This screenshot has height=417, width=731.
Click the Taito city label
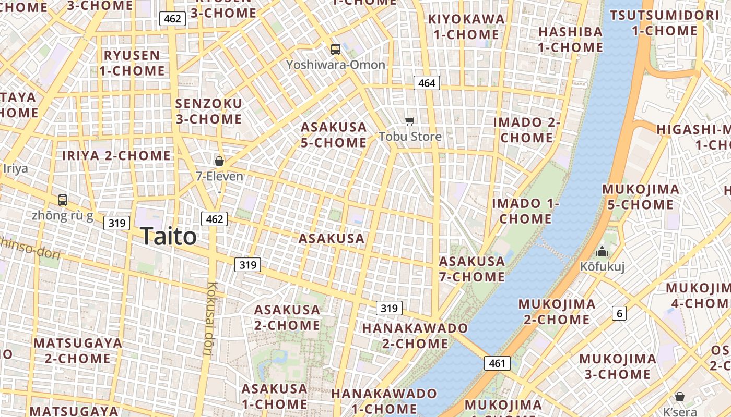tap(169, 237)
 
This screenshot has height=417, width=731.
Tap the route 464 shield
tap(427, 83)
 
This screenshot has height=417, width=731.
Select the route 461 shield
tap(497, 363)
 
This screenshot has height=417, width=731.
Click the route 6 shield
tap(619, 313)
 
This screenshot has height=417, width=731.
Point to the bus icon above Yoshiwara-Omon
tap(336, 50)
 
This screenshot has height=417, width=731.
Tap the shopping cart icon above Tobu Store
tap(410, 121)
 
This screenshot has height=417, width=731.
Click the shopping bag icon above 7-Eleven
tap(219, 161)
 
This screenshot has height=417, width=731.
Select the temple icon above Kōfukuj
tap(602, 252)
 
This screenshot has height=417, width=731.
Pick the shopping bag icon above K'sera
tap(680, 397)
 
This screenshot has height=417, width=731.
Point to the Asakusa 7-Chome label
tap(472, 269)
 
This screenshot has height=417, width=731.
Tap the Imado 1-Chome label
tap(525, 211)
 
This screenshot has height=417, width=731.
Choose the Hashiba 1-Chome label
tap(570, 40)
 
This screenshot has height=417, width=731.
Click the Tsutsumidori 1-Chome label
tap(664, 23)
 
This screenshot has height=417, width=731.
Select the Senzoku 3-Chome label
tap(209, 111)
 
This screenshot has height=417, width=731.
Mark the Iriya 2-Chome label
tap(116, 155)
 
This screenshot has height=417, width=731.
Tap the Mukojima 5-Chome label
tap(641, 197)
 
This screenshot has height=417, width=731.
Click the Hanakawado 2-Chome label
tap(415, 336)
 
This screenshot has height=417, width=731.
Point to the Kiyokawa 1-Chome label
tap(466, 27)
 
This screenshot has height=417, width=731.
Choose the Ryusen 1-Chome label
tap(132, 63)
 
